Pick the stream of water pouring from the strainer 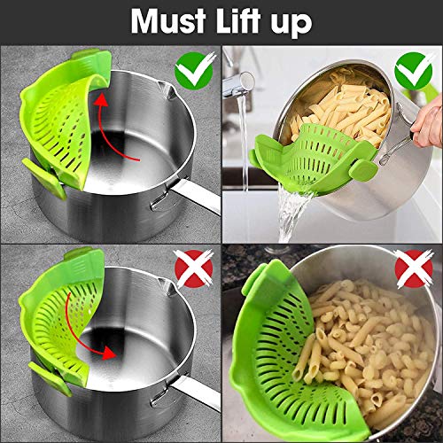tap(293, 213)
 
